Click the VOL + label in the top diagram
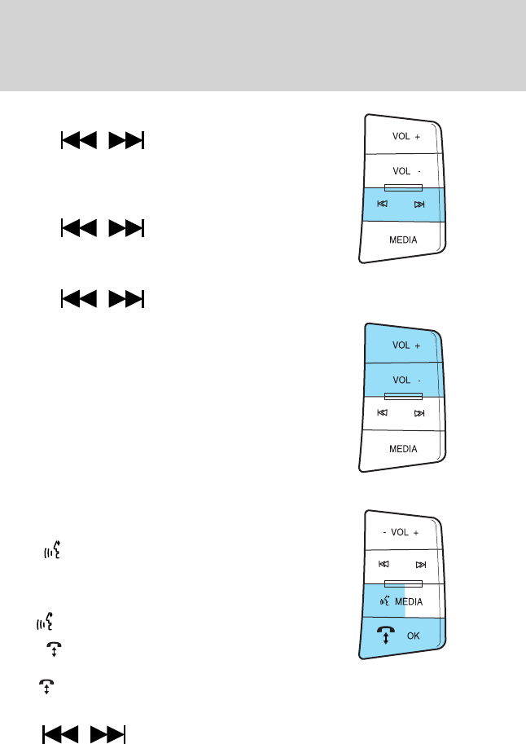click(405, 138)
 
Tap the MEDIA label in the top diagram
click(403, 240)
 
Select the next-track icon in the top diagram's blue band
click(419, 205)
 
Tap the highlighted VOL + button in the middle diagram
click(405, 346)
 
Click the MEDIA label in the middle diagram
click(403, 449)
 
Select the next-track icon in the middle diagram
click(419, 413)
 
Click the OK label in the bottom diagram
click(413, 636)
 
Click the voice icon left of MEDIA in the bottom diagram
click(384, 601)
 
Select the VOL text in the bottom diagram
click(400, 532)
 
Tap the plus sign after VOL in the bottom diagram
click(416, 532)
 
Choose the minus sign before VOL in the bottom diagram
click(384, 532)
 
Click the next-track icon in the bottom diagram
click(419, 565)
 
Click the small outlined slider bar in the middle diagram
click(403, 396)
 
